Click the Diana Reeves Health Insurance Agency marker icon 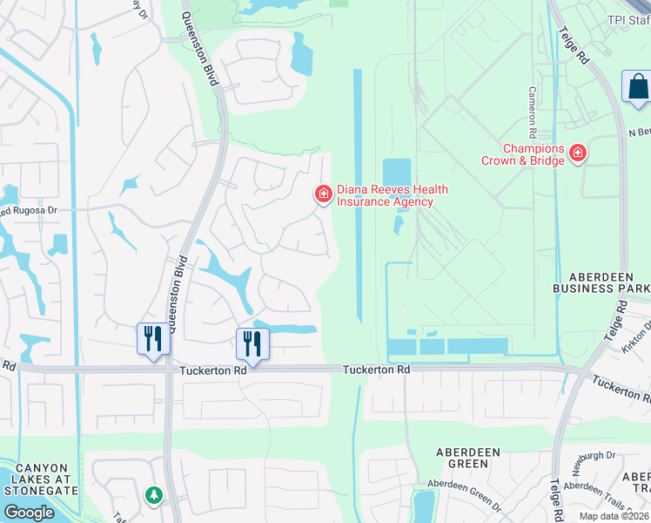(324, 193)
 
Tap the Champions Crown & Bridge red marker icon (577, 155)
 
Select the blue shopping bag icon (638, 87)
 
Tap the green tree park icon (154, 495)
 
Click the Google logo (29, 513)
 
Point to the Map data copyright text (614, 516)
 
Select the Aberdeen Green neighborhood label (467, 458)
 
